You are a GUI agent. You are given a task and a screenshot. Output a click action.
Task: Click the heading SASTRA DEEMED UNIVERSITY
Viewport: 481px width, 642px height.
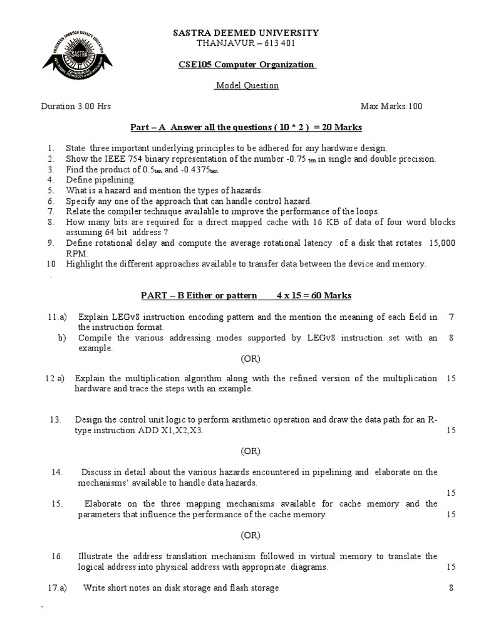coord(246,33)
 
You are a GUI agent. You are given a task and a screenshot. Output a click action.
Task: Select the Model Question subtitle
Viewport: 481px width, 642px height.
coord(246,85)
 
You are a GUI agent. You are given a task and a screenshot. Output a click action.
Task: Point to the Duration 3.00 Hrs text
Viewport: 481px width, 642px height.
coord(76,106)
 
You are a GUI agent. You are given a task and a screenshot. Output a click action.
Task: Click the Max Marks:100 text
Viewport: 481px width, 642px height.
coord(391,106)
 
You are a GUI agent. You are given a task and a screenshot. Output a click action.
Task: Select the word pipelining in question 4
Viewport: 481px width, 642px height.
coord(114,179)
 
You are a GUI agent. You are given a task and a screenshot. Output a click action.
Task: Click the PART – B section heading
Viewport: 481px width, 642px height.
coord(246,295)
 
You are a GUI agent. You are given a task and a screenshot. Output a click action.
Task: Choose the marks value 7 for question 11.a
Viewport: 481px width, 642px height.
coord(451,317)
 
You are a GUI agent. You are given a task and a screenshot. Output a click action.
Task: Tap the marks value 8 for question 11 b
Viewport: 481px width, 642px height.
coord(451,338)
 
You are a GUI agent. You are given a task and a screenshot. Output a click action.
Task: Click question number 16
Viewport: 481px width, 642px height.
coord(56,556)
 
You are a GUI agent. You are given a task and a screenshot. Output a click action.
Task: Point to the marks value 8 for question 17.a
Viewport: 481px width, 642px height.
coord(451,587)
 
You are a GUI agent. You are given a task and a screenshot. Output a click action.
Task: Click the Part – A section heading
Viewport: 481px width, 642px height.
coord(246,127)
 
